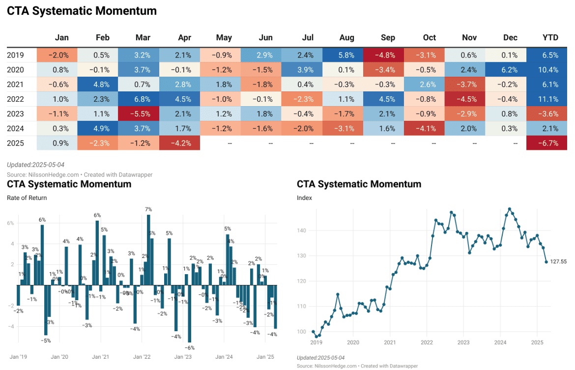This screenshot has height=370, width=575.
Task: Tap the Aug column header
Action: (347, 37)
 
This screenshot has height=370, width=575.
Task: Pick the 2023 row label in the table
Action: (15, 114)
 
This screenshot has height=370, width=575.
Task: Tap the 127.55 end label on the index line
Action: (558, 262)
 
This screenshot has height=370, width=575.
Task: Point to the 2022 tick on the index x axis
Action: (427, 342)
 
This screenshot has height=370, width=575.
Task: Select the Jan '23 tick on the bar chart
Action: (183, 357)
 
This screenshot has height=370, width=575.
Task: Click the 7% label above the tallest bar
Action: (148, 210)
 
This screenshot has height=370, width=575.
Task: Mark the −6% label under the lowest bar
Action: (190, 347)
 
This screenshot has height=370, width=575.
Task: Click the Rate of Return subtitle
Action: (27, 198)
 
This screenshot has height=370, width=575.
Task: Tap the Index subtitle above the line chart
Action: (304, 198)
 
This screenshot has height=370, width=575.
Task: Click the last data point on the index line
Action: (546, 262)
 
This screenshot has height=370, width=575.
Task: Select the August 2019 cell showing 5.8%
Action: (347, 55)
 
